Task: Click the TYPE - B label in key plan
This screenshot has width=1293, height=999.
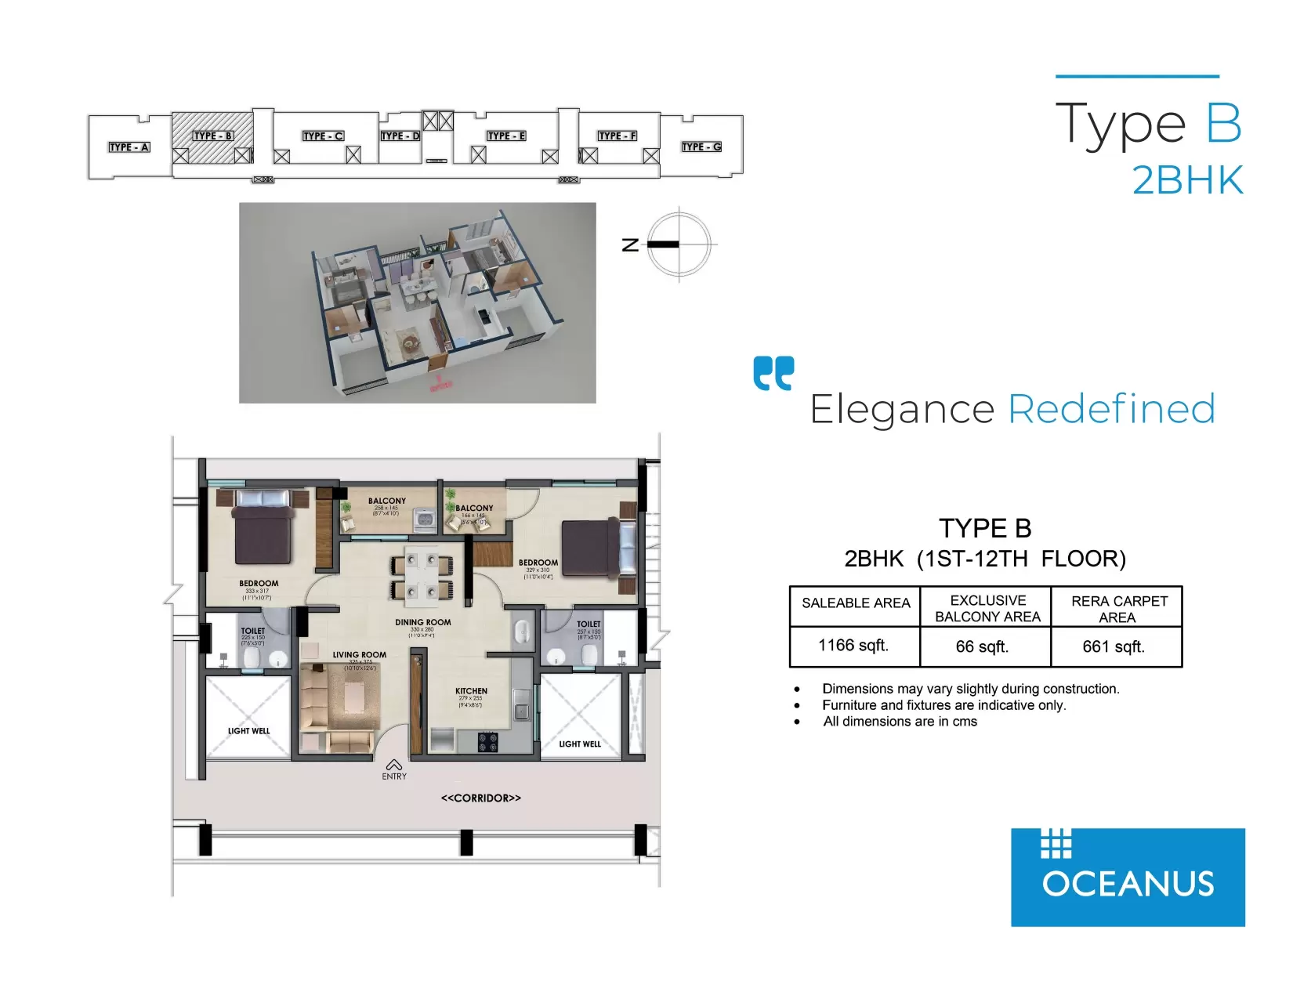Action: (x=213, y=136)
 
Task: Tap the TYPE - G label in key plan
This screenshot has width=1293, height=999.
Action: (x=701, y=147)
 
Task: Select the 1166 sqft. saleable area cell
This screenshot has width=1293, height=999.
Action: (x=853, y=646)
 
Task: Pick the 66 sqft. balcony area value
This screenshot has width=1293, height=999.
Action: (x=982, y=647)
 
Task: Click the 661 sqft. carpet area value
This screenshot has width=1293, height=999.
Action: (x=1114, y=647)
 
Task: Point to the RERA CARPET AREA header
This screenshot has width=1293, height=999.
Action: (x=1118, y=609)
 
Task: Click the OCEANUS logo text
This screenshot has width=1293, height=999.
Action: (x=1128, y=885)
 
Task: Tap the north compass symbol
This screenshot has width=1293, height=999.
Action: (x=679, y=244)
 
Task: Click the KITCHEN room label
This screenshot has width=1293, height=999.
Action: (x=471, y=691)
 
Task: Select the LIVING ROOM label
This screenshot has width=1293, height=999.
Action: (x=359, y=655)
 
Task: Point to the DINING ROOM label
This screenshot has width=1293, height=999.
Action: (x=422, y=622)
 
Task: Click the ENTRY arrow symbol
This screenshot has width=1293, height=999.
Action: (x=394, y=765)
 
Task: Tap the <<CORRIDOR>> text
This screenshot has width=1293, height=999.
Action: (x=480, y=798)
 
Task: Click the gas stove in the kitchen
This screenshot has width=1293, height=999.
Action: (x=487, y=741)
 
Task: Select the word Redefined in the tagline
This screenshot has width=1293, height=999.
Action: (x=1111, y=409)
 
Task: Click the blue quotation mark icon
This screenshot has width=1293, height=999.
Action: (x=773, y=373)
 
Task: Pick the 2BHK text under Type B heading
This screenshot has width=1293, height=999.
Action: (x=1187, y=181)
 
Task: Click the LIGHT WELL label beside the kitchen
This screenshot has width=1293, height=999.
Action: (x=580, y=744)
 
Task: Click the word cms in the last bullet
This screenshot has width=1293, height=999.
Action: (x=965, y=722)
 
